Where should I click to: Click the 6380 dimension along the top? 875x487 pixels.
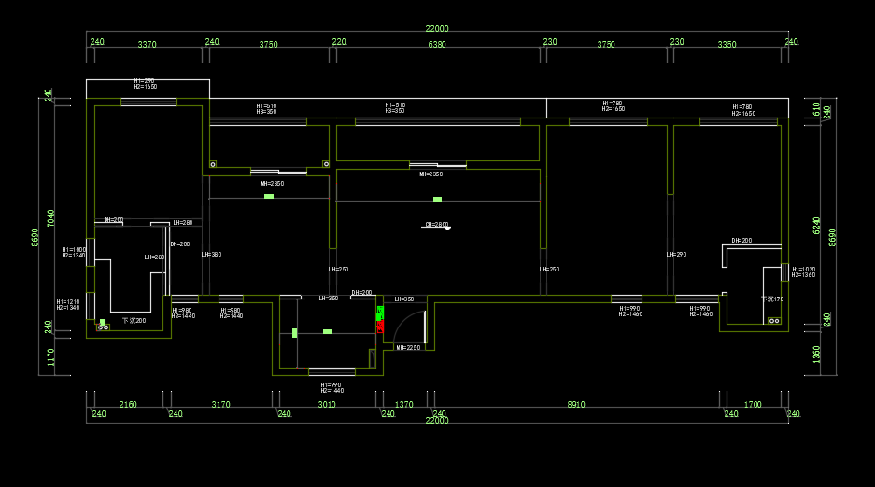coord(437,45)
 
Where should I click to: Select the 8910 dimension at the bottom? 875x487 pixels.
coord(576,405)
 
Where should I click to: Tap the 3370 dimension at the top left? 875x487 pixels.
coord(148,45)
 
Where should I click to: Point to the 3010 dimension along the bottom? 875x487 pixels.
coord(327,405)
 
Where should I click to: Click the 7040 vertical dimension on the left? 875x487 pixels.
coord(51,217)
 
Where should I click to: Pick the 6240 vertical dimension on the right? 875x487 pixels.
coord(817,225)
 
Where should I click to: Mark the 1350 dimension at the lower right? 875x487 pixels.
coord(817,354)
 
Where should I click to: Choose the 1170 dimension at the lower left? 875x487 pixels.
coord(51,356)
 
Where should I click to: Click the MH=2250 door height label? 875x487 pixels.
coord(409,348)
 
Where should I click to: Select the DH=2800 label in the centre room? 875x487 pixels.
coord(437,225)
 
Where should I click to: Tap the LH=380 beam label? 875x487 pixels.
coord(211,255)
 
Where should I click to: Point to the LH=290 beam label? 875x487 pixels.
coord(676,255)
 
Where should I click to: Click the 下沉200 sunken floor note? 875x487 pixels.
coord(134,320)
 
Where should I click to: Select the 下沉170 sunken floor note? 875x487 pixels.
coord(772,299)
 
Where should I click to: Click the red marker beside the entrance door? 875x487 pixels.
coord(380,327)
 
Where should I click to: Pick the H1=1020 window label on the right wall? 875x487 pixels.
coord(803,270)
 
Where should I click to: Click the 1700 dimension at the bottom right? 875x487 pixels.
coord(753,405)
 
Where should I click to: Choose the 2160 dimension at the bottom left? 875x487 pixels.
coord(128,405)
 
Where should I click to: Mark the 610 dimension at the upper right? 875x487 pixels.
coord(817,108)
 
